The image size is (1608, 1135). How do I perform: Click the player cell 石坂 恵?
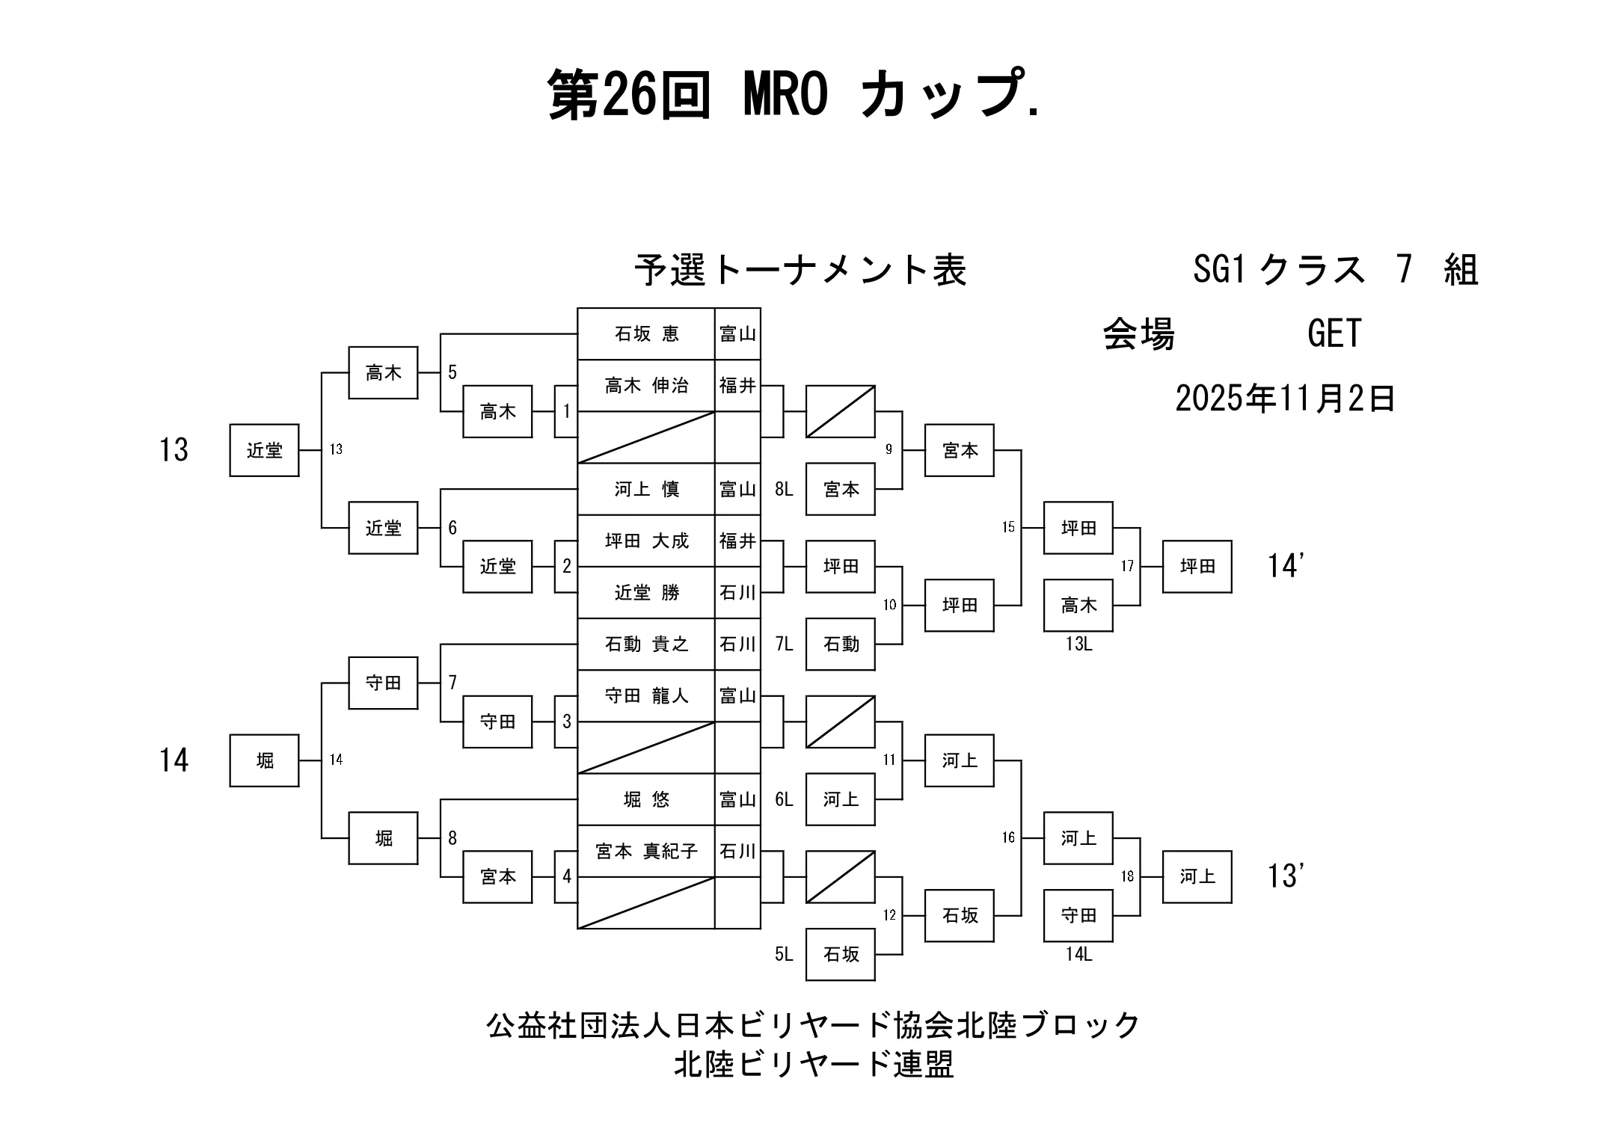(646, 333)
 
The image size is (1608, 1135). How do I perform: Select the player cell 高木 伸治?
(646, 386)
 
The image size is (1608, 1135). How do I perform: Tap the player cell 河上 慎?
(646, 489)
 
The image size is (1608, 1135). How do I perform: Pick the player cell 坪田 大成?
(646, 541)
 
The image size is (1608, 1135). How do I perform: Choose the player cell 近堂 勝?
(646, 593)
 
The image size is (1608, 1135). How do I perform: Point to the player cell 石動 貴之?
(646, 644)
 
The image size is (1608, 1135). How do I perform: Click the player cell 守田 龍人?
(646, 696)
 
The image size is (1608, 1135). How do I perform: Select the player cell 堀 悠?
(646, 799)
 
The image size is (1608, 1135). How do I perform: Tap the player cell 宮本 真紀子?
(646, 851)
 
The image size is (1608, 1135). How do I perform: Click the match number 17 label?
(1127, 567)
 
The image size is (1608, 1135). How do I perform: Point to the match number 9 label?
(889, 449)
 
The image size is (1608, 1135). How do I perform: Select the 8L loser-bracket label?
(784, 490)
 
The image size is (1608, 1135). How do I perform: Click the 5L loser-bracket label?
(784, 955)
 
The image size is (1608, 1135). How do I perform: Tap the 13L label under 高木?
(1078, 644)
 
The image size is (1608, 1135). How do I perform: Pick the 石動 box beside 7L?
(841, 644)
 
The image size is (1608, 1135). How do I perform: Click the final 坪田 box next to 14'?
(1197, 567)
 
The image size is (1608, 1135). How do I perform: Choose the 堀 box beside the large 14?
(264, 760)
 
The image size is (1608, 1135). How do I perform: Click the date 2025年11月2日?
(1285, 399)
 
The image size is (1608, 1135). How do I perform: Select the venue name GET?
(1334, 333)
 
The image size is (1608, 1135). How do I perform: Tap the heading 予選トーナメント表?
(800, 270)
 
